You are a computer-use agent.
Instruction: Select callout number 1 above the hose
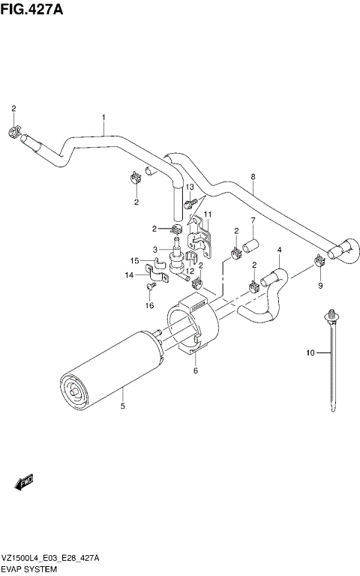(103, 117)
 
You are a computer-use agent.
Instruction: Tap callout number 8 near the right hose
(253, 177)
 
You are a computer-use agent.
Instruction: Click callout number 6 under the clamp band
(195, 370)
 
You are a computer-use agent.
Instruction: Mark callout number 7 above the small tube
(253, 220)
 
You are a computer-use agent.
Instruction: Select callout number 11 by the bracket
(208, 214)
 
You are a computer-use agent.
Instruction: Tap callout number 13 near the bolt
(190, 187)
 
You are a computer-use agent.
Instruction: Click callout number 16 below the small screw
(149, 306)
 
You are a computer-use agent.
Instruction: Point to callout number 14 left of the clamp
(128, 276)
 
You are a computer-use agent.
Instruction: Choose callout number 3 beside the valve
(155, 250)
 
